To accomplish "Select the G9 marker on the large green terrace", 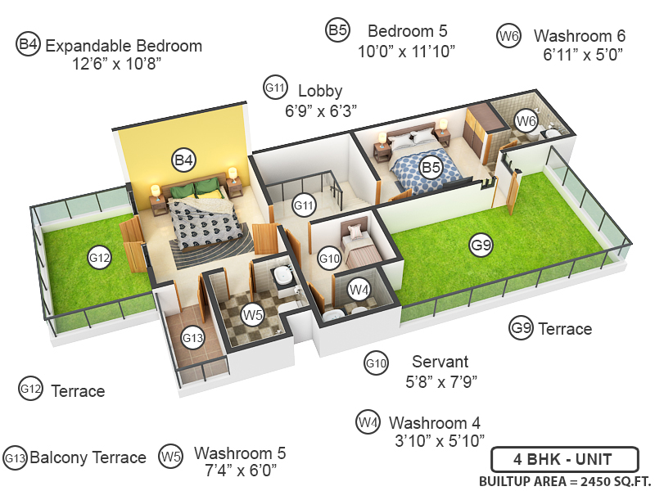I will (x=481, y=244).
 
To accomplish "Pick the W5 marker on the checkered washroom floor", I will (x=252, y=313).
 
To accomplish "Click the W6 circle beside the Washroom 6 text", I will (x=509, y=35).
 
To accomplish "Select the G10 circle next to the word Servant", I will (x=376, y=363).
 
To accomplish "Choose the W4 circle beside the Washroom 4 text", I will (x=368, y=423).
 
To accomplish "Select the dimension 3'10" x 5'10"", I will (x=435, y=442).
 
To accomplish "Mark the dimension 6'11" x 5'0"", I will (x=583, y=55).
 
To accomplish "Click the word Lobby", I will (x=320, y=90).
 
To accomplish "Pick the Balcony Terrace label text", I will (x=88, y=457).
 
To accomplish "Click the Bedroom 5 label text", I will (x=407, y=31).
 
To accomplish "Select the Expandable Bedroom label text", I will (x=124, y=45).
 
